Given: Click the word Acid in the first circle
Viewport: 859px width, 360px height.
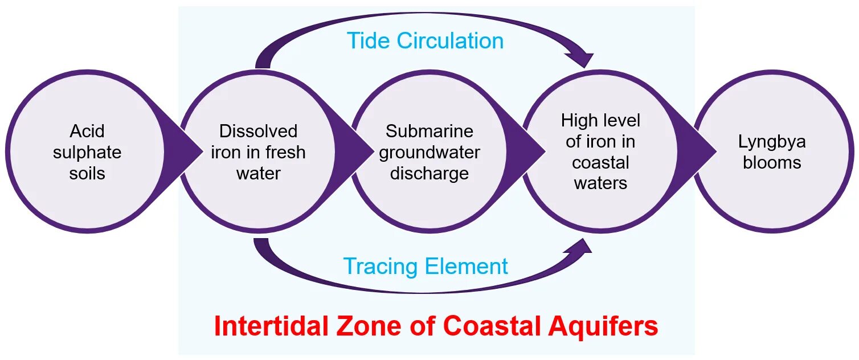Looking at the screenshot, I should (x=87, y=132).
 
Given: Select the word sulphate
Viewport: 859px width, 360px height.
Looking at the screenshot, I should (x=87, y=152).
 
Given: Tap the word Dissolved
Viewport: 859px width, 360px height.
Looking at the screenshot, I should (x=259, y=132).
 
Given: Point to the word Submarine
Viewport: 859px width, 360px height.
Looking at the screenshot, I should (x=429, y=132).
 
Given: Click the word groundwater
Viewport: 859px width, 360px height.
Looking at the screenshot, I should (x=429, y=152).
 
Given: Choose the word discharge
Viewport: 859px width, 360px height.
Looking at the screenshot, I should (x=429, y=173).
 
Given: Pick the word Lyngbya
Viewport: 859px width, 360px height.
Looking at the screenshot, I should (x=772, y=142).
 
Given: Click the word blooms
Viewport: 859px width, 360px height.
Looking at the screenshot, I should (x=772, y=162).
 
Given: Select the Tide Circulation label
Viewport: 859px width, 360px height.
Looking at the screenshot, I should (x=425, y=41).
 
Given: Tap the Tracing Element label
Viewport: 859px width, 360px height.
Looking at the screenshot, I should (x=425, y=267).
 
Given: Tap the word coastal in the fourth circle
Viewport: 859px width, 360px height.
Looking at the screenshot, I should (x=600, y=162).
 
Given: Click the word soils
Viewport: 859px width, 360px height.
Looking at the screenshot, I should (x=87, y=173).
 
